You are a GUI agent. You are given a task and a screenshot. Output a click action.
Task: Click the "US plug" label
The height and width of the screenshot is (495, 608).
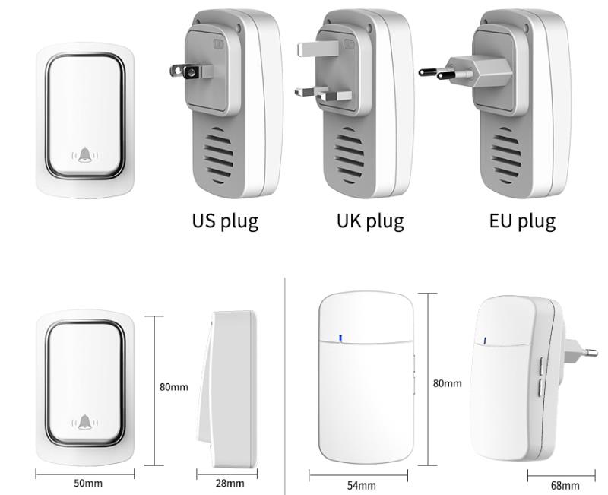point(225,221)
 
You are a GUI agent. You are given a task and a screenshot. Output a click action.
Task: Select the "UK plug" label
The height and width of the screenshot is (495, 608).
point(370,221)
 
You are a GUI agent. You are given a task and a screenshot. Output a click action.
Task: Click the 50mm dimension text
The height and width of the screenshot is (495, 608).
point(88,483)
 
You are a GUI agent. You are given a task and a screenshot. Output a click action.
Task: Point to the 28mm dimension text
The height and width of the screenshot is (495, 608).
point(230,483)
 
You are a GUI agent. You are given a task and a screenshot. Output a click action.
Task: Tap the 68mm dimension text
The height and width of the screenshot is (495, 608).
point(565,485)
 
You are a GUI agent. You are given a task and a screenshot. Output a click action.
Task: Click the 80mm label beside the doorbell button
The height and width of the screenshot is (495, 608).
point(173,387)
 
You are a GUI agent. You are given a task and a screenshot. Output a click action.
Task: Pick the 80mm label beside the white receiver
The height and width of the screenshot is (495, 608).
point(447,383)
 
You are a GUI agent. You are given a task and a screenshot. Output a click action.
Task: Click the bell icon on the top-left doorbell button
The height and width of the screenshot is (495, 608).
point(85,156)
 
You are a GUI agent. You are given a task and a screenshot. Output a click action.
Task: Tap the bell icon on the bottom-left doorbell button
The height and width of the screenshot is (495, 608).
point(85,422)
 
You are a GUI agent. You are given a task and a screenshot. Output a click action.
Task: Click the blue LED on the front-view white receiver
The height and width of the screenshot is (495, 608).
point(340,338)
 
